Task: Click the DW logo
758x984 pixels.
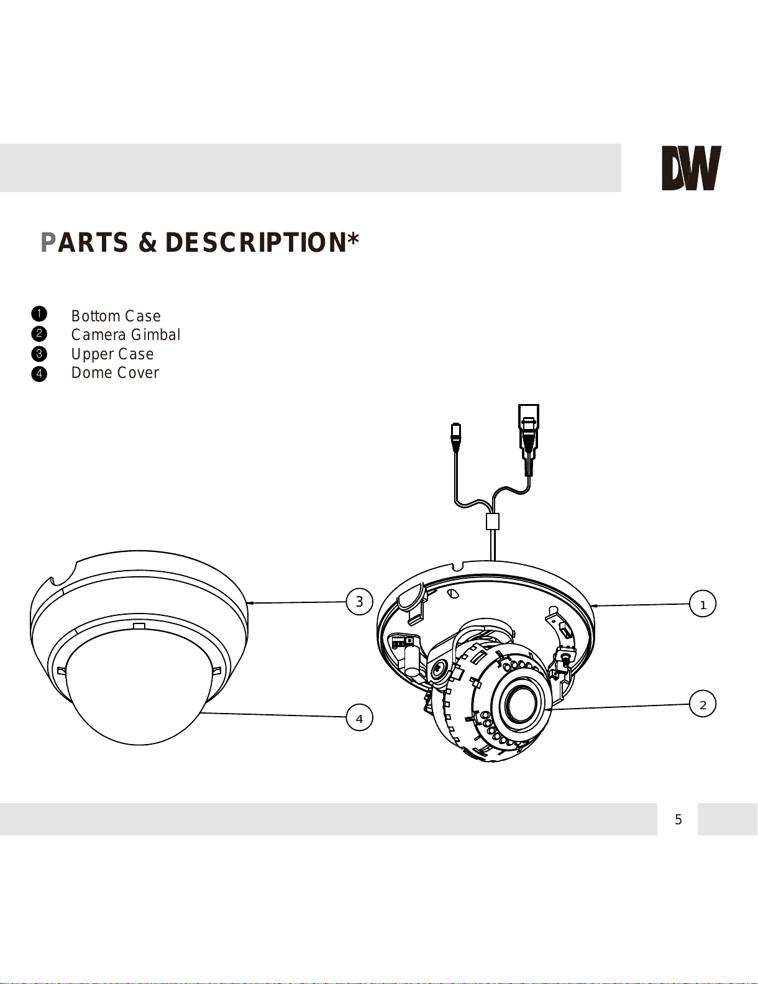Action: pos(691,168)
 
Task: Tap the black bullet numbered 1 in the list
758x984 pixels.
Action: pos(39,313)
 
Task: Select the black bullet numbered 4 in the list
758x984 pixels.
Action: pos(39,374)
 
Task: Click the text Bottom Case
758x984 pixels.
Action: pos(116,316)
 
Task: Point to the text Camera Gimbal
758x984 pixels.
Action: pos(126,334)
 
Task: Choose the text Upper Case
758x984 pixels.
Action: pos(112,354)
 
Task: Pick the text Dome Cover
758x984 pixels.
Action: pos(115,373)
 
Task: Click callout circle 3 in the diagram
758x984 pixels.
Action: pos(359,601)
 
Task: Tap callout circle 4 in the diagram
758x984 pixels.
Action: pos(359,718)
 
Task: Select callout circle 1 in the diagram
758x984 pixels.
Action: pos(702,604)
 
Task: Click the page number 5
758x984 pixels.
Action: pos(678,819)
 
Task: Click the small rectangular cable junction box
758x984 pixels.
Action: pos(492,521)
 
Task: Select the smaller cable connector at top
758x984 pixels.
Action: pos(456,437)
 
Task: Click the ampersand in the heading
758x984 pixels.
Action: pos(147,242)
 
